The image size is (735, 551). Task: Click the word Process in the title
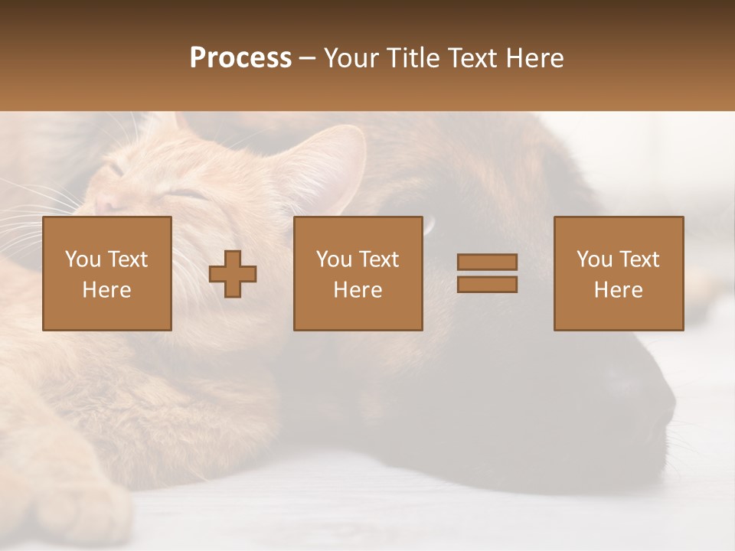(240, 58)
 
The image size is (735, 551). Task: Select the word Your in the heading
(349, 58)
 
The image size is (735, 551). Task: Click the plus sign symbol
(233, 274)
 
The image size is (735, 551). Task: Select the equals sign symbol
(487, 273)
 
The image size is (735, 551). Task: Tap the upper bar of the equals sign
(487, 262)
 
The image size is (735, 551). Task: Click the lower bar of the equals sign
(487, 284)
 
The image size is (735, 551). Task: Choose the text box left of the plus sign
(107, 273)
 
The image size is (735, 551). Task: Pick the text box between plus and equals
(358, 273)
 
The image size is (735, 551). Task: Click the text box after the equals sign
(618, 273)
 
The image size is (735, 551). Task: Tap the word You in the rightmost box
(594, 259)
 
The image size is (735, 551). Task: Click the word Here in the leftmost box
(106, 290)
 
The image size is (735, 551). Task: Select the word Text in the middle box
(379, 259)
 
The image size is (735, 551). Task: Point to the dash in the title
(307, 58)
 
